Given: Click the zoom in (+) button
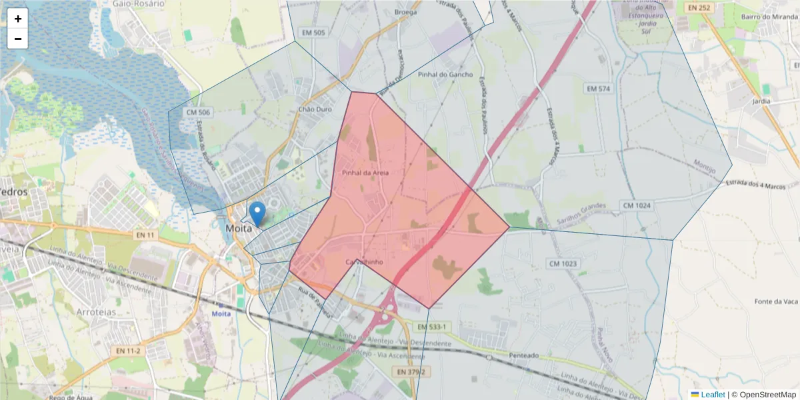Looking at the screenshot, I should point(18,19).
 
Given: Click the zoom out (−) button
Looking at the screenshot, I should point(18,39).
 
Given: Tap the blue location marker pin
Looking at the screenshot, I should point(257,214).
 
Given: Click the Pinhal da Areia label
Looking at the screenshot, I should point(365,173).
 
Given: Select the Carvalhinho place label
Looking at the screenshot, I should point(364,262).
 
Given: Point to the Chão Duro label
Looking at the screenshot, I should point(315,109).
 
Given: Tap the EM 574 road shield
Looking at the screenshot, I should point(598,89).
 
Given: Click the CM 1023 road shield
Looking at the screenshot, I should point(563,264).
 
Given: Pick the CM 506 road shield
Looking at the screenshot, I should point(199,113).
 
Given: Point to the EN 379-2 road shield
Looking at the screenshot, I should point(410,371).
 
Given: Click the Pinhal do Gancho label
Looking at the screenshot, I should point(445,75).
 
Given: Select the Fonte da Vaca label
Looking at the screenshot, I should point(776,301).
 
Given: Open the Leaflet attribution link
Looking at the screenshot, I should point(713,394).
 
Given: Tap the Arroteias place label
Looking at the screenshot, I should point(96,312).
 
